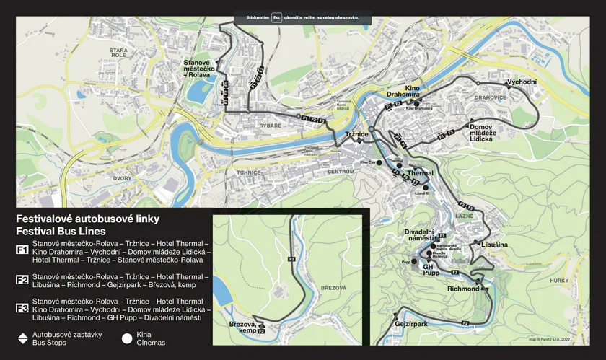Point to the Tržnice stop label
click(357, 135)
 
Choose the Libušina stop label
click(494, 245)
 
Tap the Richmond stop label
click(462, 289)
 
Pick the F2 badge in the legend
click(22, 281)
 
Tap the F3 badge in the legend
click(22, 309)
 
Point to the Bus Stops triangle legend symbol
click(22, 338)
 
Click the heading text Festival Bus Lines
click(61, 232)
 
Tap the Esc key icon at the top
click(276, 17)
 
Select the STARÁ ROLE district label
click(118, 53)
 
